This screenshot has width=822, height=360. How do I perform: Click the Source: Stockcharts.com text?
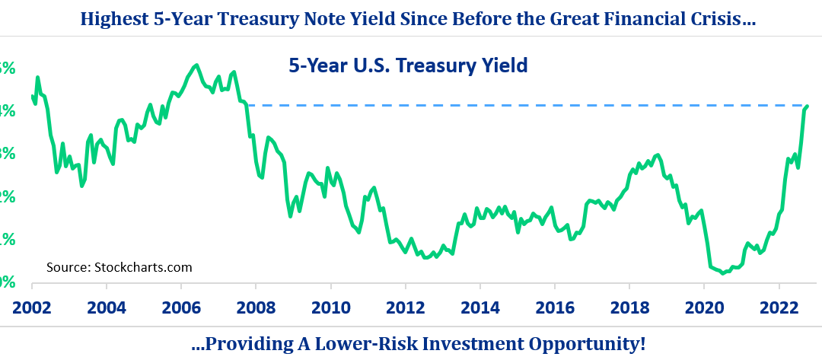(x=119, y=267)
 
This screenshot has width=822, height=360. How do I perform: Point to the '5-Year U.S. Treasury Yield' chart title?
(x=408, y=66)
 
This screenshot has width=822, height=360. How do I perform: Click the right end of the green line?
(x=807, y=107)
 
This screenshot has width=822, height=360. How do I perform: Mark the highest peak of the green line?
(x=197, y=65)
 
